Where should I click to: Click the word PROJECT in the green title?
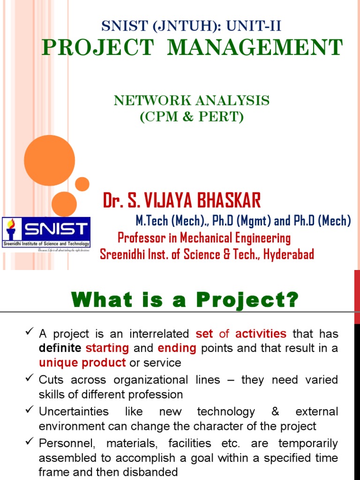[x=97, y=47]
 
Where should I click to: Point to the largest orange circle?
[x=49, y=160]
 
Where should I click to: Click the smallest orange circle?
[x=82, y=184]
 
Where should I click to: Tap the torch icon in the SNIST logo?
[x=11, y=229]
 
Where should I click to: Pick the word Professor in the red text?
[x=139, y=238]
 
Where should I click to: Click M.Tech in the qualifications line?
[x=150, y=220]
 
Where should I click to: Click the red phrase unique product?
[x=82, y=362]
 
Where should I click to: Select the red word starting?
[x=107, y=348]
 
